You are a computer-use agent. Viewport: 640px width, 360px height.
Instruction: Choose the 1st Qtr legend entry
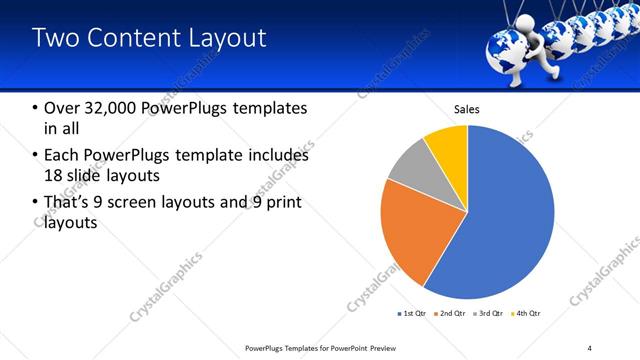tap(412, 314)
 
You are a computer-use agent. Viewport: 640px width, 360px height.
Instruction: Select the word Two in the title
tap(54, 38)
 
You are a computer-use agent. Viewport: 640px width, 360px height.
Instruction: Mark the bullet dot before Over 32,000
tap(36, 108)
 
